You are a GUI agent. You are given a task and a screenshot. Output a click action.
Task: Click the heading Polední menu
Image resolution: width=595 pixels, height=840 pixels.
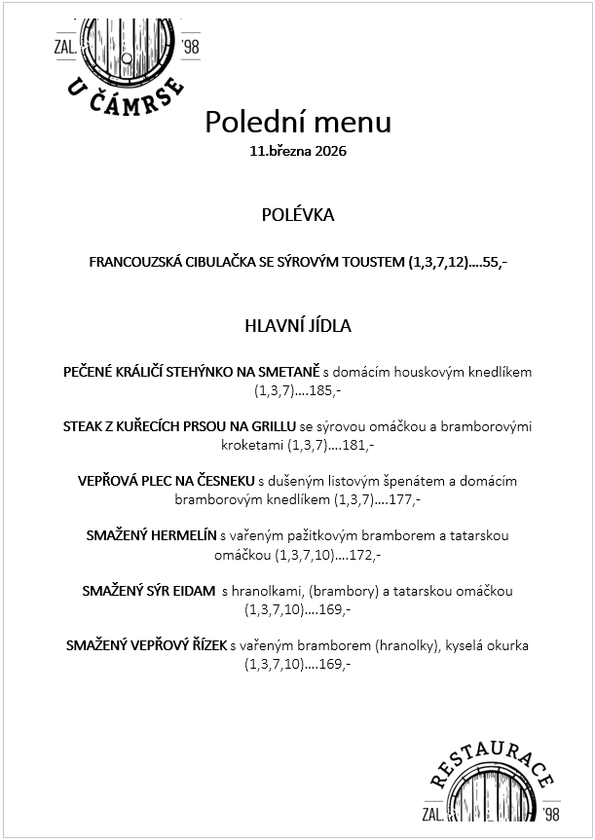298,123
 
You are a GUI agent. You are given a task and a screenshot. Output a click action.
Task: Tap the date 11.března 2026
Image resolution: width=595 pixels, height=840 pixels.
298,152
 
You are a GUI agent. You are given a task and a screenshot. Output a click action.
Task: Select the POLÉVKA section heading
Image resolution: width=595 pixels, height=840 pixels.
298,215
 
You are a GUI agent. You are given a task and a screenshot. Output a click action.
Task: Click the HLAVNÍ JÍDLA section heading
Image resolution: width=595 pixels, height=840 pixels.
298,326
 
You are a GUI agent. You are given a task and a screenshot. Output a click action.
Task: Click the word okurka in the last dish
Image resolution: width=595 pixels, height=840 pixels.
506,645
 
